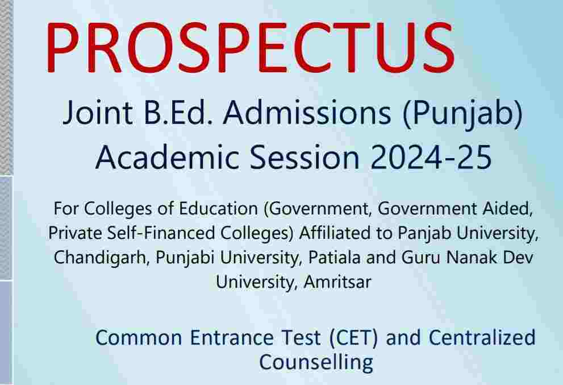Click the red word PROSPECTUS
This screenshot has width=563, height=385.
[251, 47]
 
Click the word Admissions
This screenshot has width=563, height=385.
[307, 112]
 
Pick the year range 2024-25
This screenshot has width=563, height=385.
[431, 158]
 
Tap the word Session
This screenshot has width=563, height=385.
[305, 158]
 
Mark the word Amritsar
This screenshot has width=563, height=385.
[337, 282]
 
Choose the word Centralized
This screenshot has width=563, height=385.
[482, 338]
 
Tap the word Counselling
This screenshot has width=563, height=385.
[316, 362]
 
